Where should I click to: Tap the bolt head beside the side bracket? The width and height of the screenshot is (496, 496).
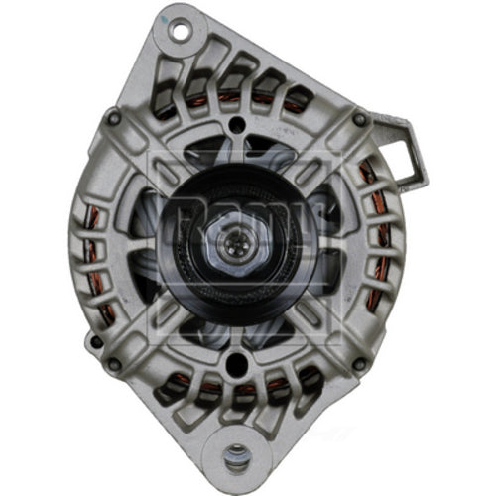360,121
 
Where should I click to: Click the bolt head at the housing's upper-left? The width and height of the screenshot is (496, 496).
114,119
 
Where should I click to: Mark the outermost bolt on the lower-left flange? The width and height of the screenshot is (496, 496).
95,342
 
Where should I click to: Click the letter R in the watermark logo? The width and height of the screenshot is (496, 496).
181,212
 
